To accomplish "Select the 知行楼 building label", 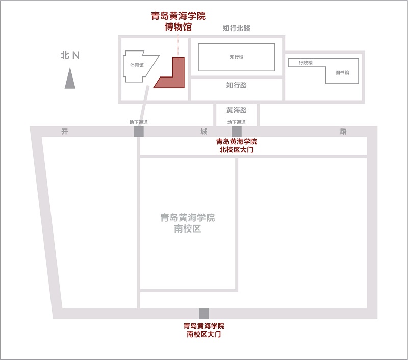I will tap(236, 57).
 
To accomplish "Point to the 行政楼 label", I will tap(305, 63).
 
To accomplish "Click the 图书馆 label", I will tap(342, 72).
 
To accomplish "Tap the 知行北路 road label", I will tap(236, 29).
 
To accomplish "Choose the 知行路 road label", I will tap(236, 85).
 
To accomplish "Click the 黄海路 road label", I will tap(236, 110).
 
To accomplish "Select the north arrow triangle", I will tap(70, 80).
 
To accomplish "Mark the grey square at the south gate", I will tap(204, 314).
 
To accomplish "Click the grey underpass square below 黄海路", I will tap(236, 132).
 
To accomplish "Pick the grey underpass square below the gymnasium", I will tap(139, 132).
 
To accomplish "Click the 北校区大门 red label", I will tap(236, 146).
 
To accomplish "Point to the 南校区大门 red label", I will tap(204, 330).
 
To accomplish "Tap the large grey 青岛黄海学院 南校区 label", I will tap(188, 223).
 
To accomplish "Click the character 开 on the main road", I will tap(64, 132).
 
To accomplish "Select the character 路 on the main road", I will tap(343, 132).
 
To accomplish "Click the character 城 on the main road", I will tap(203, 132).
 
